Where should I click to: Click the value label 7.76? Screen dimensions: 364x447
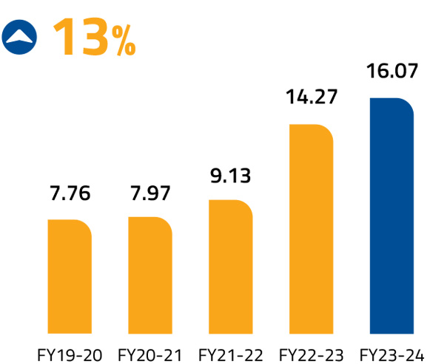tap(70, 195)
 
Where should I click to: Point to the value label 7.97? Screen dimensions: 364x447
tap(150, 193)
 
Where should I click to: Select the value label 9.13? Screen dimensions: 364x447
tap(231, 176)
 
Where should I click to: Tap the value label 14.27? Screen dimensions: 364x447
tap(311, 99)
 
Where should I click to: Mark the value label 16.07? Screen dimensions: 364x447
tap(392, 72)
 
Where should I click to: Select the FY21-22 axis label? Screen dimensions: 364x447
tap(230, 354)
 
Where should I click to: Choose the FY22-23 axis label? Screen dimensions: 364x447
tap(311, 354)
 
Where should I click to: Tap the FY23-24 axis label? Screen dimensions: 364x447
tap(392, 354)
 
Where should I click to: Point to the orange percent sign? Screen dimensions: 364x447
tap(124, 43)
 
